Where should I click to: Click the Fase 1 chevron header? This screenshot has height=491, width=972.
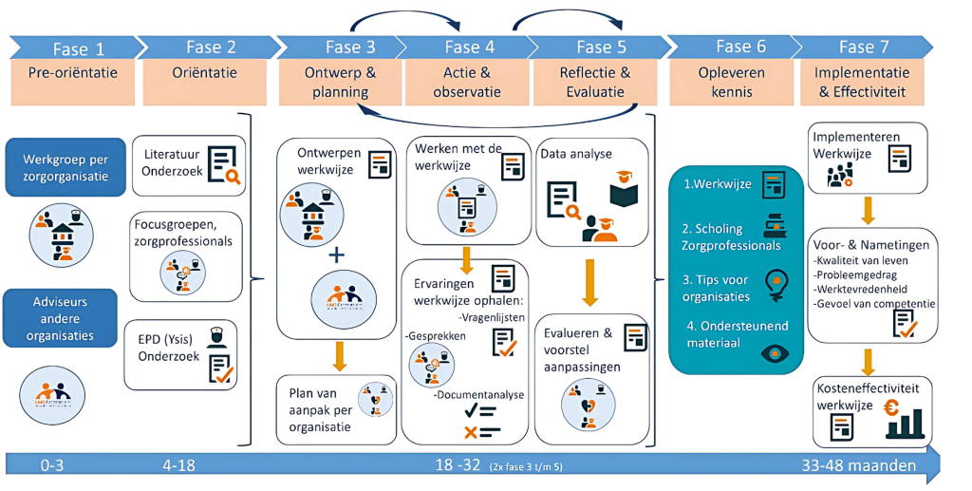[x=72, y=48]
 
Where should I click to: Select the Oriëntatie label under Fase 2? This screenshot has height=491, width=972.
[x=204, y=73]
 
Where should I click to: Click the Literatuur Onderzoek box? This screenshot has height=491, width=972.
[x=188, y=165]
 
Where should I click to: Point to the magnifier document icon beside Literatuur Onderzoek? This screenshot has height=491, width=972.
[x=223, y=164]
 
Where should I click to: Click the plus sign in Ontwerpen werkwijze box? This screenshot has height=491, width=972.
[x=336, y=255]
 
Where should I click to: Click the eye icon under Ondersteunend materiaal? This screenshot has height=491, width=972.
[x=773, y=352]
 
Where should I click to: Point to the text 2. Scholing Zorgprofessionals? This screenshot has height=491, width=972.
[x=731, y=236]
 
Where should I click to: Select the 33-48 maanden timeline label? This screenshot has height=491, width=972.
[x=858, y=465]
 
